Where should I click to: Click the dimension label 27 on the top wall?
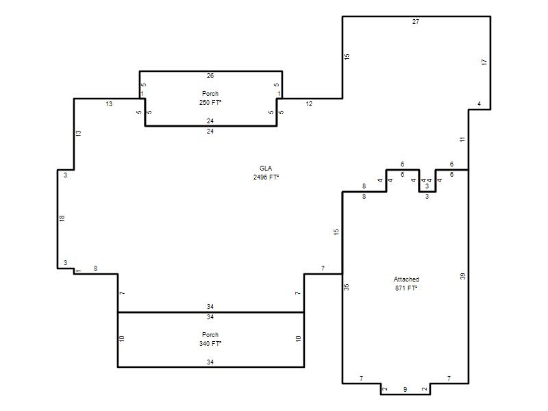pos(416,22)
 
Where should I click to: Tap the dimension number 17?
pos(484,62)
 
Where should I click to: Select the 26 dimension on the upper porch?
pos(210,76)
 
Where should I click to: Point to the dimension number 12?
pos(309,104)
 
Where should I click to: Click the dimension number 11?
pos(462,140)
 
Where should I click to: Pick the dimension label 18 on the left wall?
pos(62,219)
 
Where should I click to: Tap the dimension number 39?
pos(463,277)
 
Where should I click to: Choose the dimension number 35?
pos(347,287)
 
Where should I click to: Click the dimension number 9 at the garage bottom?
pos(405,389)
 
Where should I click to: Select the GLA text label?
pos(266,169)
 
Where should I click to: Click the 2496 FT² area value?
pos(266,177)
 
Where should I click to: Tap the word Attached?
pos(406,279)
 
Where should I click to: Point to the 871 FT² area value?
pos(406,288)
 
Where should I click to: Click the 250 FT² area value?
pos(210,102)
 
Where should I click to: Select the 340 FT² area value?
pos(210,344)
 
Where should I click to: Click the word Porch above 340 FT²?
pos(210,335)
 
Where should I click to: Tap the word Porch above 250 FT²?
pos(210,94)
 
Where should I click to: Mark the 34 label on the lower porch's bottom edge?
pos(210,362)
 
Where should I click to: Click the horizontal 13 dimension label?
pos(109,104)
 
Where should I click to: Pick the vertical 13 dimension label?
pos(78,133)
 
